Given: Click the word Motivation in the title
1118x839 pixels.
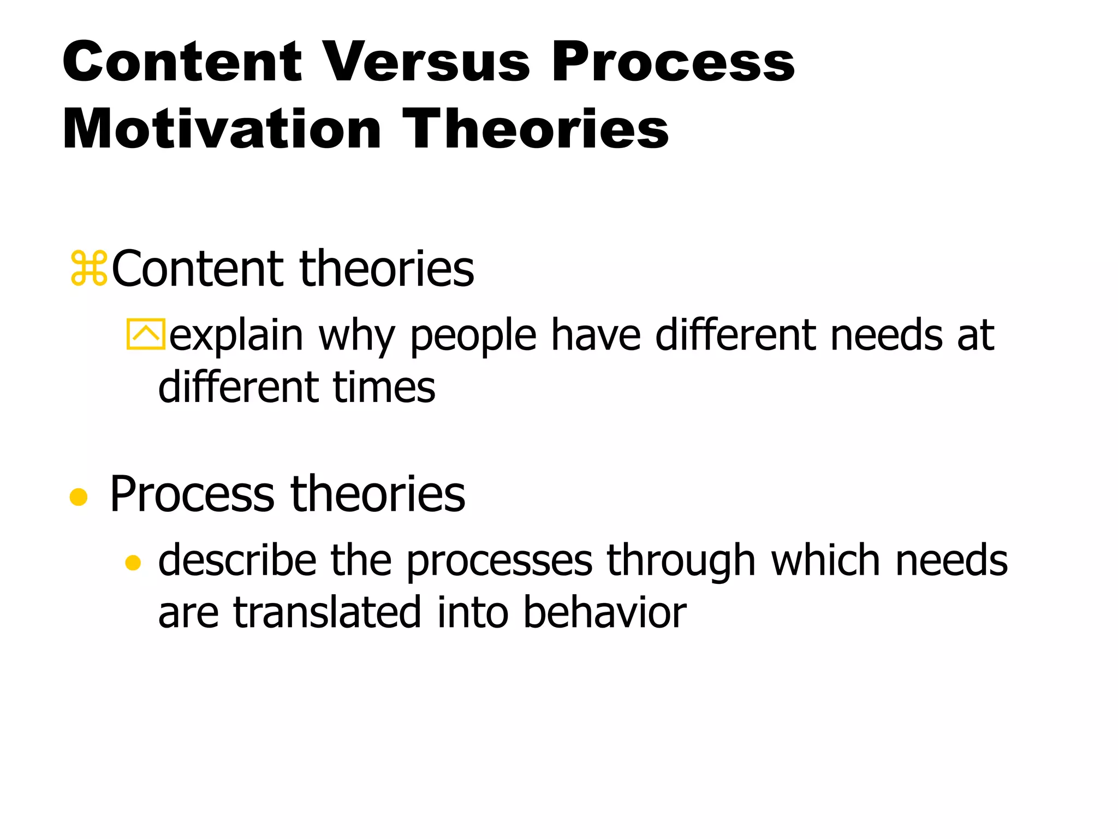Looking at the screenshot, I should [x=222, y=129].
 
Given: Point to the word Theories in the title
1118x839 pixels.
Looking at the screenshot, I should [x=535, y=129].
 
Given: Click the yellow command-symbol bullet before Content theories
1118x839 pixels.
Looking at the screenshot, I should [x=89, y=268].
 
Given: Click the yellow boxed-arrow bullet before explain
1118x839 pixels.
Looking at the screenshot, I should [x=145, y=334].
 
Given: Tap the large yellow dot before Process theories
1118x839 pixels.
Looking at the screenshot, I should [x=79, y=497].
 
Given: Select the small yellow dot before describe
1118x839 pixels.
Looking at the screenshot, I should [x=133, y=563].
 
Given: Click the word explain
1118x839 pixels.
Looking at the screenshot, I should [x=236, y=335].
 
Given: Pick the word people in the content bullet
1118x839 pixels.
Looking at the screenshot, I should [x=473, y=335].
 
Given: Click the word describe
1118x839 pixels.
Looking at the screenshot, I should [x=237, y=560].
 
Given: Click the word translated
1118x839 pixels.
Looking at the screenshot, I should [x=327, y=613].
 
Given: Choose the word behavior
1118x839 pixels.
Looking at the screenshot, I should [x=604, y=613].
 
